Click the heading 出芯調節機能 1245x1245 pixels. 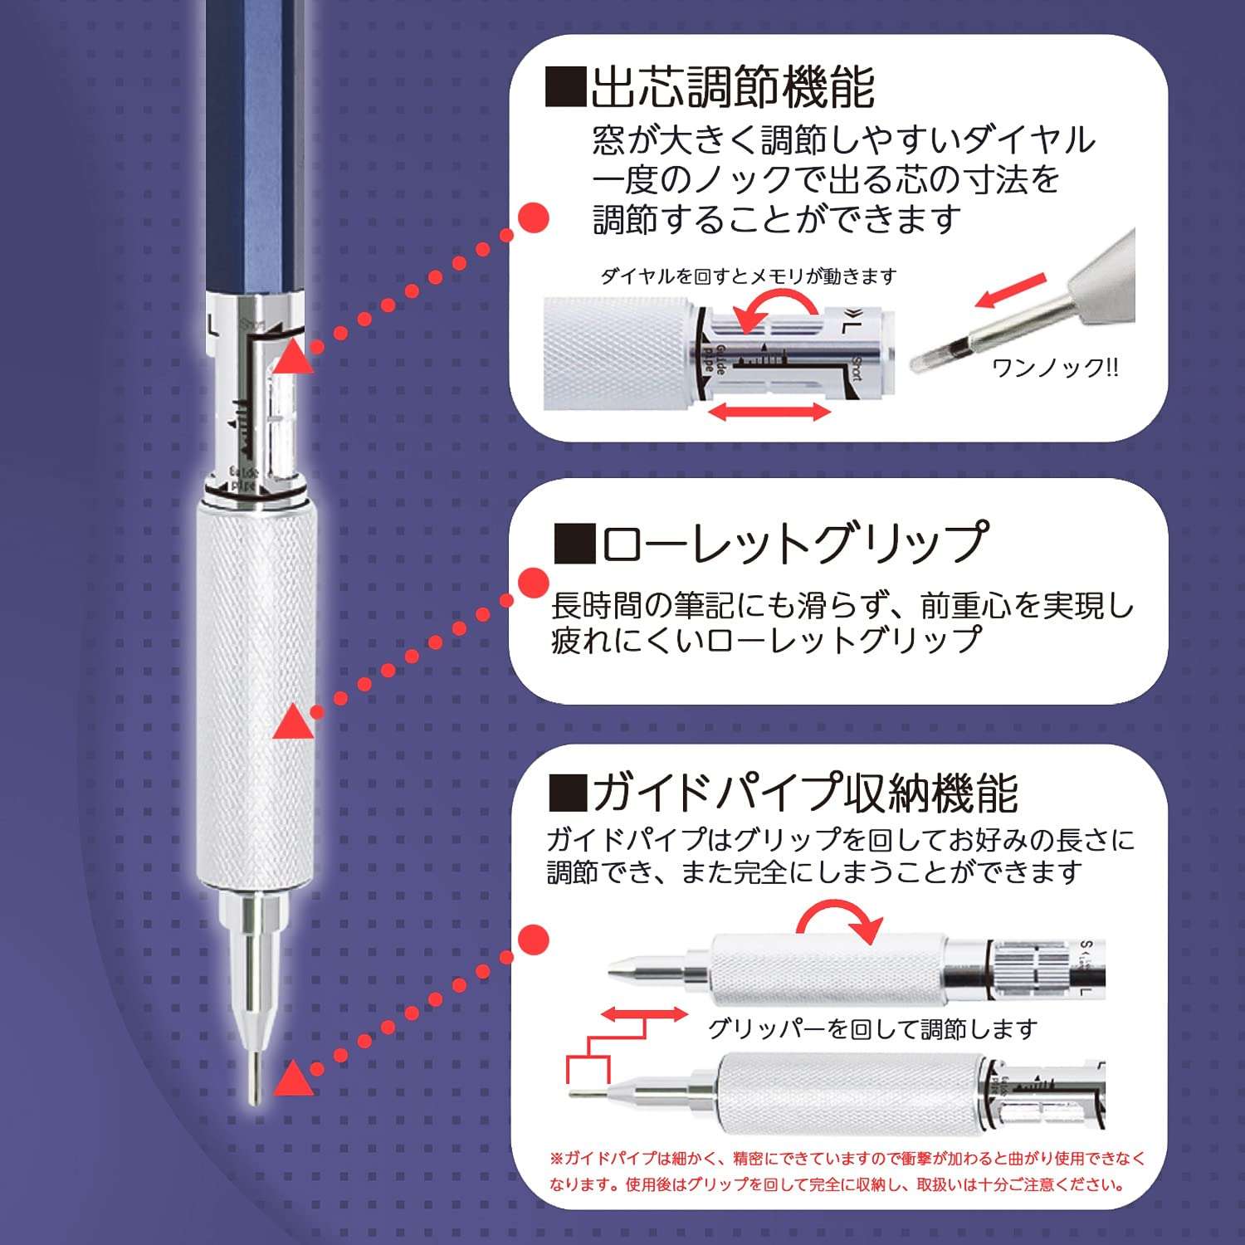coord(730,87)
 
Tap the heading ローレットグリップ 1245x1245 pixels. coord(793,544)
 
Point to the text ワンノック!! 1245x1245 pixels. coord(1055,367)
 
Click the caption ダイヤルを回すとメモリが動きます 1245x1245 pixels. coord(748,276)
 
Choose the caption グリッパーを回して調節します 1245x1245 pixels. coord(871,1029)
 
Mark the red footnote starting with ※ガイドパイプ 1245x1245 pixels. coord(847,1171)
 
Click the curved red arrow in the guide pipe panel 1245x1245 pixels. coord(838,921)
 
